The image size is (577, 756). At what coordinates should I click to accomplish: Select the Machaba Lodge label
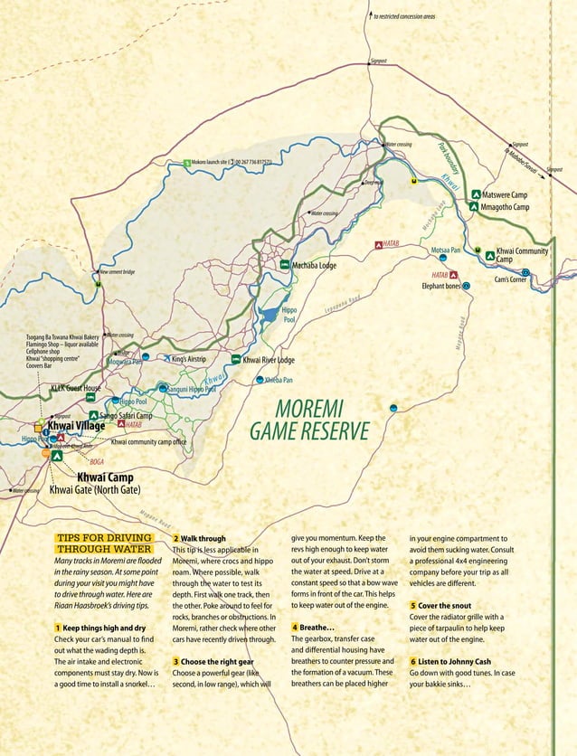coord(314,266)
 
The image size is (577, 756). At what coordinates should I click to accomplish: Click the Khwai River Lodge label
coord(269,360)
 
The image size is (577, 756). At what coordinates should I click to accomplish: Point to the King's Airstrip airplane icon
coord(165,359)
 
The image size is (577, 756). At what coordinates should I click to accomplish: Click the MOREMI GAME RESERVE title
coord(311,421)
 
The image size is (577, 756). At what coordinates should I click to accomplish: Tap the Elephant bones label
coord(440,286)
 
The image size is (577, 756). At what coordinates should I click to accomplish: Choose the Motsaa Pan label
coord(446,250)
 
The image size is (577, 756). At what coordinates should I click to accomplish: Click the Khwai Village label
coord(76,424)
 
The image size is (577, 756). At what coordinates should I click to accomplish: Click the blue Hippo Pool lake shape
coord(270,315)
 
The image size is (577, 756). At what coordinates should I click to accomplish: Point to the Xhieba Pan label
coord(279,381)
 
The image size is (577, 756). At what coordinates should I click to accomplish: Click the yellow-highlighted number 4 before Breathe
coord(295,627)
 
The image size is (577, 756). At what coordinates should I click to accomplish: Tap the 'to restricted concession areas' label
coord(404,16)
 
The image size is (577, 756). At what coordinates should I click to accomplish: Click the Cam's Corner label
coord(510,279)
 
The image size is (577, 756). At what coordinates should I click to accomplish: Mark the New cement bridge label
coord(117,272)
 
